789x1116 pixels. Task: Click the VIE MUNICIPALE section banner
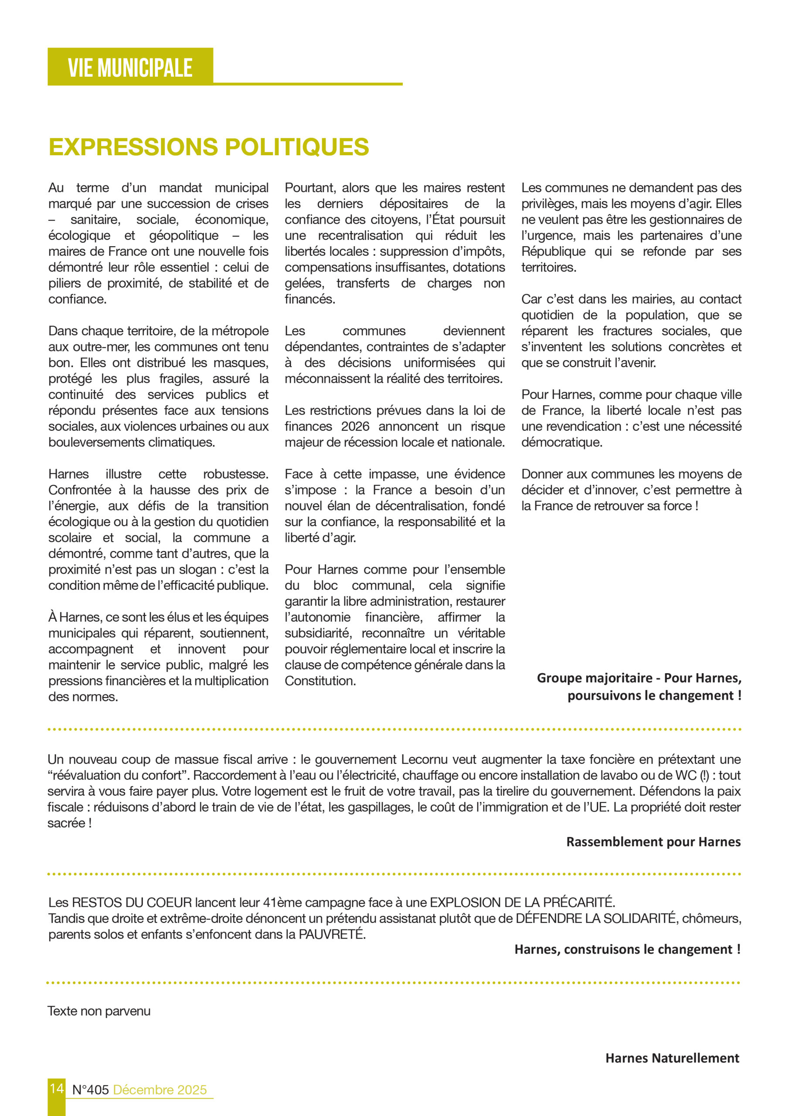(x=130, y=67)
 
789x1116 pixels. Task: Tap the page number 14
(x=56, y=1088)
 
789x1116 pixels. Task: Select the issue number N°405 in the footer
(x=90, y=1090)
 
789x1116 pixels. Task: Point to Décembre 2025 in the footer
(x=160, y=1090)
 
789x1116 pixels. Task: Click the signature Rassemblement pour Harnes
(x=653, y=842)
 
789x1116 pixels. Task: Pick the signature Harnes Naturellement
(x=672, y=1058)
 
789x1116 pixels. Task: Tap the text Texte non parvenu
(x=99, y=1011)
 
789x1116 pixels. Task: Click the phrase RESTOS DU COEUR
(x=132, y=903)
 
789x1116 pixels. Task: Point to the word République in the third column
(x=553, y=251)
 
